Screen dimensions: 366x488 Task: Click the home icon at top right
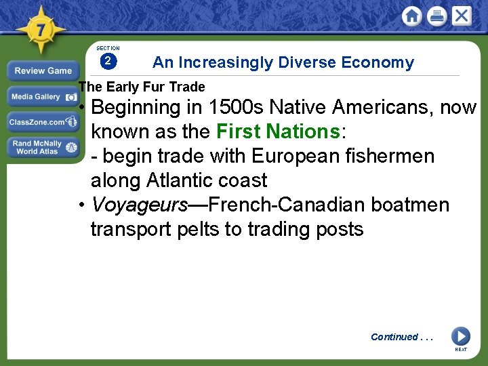[x=411, y=16]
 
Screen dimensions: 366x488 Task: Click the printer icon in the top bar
[x=437, y=16]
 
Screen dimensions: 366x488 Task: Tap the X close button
[x=462, y=16]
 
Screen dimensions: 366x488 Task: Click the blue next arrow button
[x=460, y=335]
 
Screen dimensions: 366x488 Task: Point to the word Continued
[x=394, y=337]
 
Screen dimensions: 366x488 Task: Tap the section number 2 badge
[x=108, y=62]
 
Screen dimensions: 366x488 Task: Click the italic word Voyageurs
[x=138, y=205]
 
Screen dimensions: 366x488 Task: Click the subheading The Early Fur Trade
[x=142, y=87]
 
